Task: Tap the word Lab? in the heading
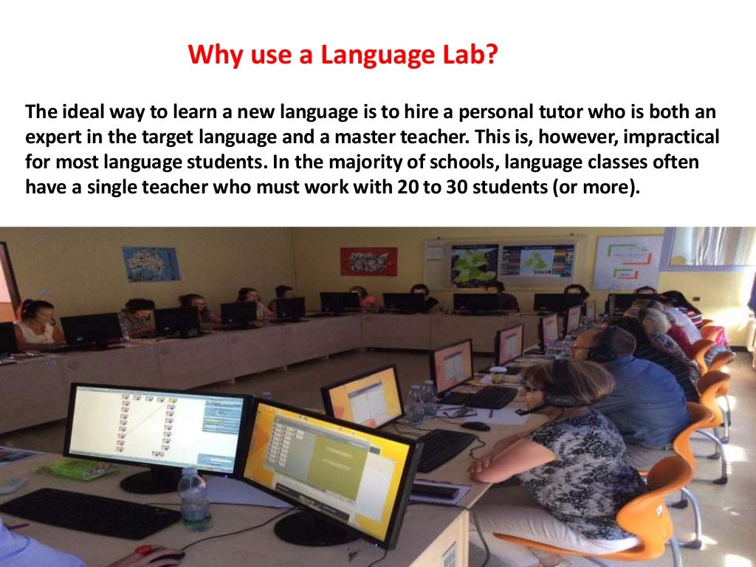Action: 468,55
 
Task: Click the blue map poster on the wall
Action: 151,264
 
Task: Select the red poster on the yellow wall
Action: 368,261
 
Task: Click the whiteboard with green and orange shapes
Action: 627,262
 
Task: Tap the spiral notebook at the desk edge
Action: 439,491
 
